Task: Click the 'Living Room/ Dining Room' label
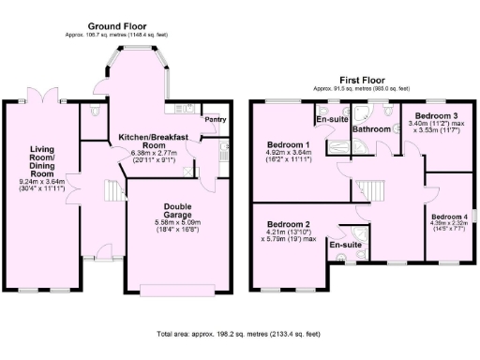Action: [x=41, y=161]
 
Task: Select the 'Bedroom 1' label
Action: [x=289, y=145]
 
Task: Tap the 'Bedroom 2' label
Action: [x=288, y=225]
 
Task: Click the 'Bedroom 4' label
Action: [x=448, y=216]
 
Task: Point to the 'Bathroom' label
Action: [x=371, y=129]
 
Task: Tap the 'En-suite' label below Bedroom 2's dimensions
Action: [x=347, y=244]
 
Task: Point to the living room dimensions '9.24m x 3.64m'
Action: [x=41, y=183]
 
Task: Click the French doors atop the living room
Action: [x=43, y=98]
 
